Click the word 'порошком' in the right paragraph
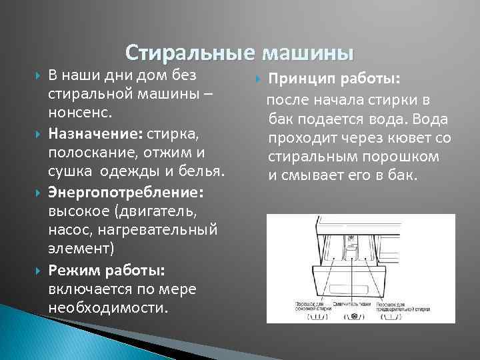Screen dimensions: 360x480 (x=404, y=157)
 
